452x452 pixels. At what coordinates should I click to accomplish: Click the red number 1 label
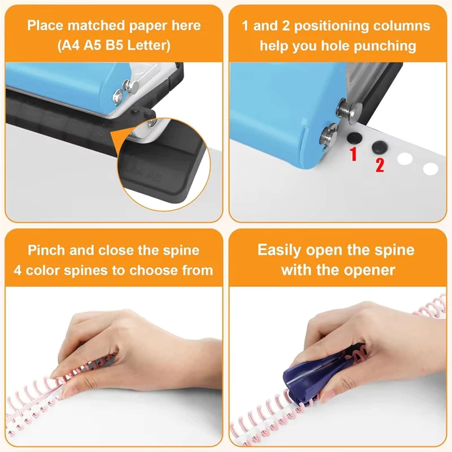click(x=354, y=153)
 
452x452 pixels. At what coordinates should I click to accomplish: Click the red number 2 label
click(x=380, y=165)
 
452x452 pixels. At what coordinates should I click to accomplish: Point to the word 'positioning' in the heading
click(x=331, y=26)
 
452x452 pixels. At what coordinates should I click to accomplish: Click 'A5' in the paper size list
click(x=93, y=45)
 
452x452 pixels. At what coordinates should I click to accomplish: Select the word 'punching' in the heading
click(x=385, y=46)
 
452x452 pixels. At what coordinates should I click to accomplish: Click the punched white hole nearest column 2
click(x=405, y=159)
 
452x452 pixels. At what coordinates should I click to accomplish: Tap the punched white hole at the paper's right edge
click(x=431, y=169)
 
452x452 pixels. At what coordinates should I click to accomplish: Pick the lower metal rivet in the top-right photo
click(x=330, y=134)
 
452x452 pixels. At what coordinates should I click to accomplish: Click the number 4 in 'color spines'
click(x=18, y=271)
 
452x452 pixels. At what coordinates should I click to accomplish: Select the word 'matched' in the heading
click(x=97, y=25)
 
